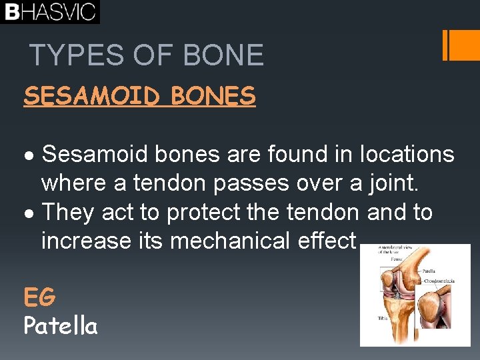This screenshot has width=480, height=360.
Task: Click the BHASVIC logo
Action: [x=50, y=11]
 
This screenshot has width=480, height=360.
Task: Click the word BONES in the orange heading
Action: [x=213, y=97]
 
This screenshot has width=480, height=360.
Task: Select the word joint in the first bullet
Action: [x=392, y=183]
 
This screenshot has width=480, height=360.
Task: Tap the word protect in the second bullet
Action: [x=204, y=213]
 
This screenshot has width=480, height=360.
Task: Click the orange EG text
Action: [x=39, y=296]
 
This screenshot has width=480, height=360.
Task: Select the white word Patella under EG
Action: [x=61, y=325]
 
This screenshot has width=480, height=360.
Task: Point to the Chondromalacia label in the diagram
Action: [x=442, y=281]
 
